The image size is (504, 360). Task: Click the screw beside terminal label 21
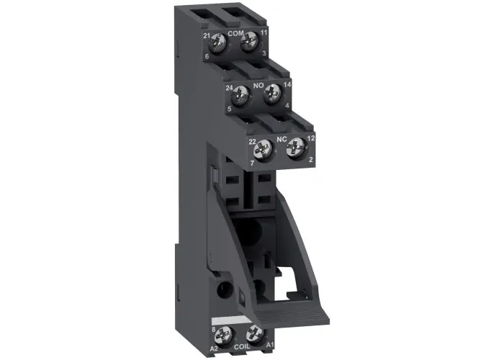pyautogui.click(x=217, y=42)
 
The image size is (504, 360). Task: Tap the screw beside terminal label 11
pyautogui.click(x=249, y=42)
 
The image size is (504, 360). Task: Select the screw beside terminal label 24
pyautogui.click(x=240, y=96)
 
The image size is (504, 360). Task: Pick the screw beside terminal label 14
pyautogui.click(x=272, y=93)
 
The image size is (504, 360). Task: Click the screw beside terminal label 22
pyautogui.click(x=263, y=149)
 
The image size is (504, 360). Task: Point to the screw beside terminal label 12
pyautogui.click(x=295, y=147)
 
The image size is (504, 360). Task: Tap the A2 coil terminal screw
pyautogui.click(x=223, y=335)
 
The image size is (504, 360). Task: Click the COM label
pyautogui.click(x=236, y=33)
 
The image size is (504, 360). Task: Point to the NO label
pyautogui.click(x=258, y=86)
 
